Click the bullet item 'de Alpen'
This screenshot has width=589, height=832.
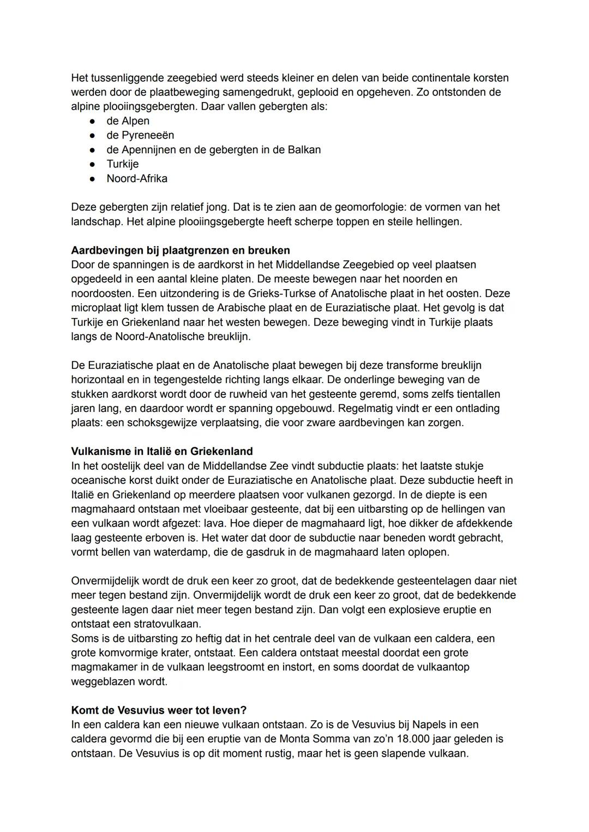click(x=128, y=121)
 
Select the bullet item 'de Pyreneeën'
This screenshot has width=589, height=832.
click(x=140, y=135)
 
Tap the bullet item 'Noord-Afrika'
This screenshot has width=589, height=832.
click(x=137, y=178)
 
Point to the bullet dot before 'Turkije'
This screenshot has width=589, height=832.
click(x=94, y=164)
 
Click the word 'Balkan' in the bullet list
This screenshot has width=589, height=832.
click(x=304, y=149)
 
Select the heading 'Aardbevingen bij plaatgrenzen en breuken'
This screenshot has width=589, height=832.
click(x=181, y=250)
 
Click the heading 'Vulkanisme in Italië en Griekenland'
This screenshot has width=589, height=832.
click(x=162, y=451)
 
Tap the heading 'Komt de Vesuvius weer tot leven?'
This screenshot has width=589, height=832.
click(x=159, y=710)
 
